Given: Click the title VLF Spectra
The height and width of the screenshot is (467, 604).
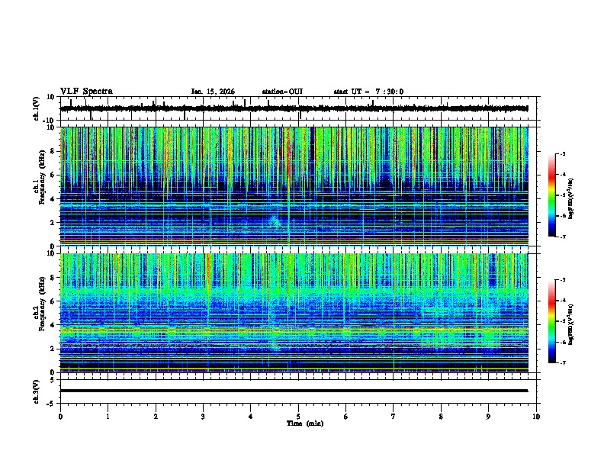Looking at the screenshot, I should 86,91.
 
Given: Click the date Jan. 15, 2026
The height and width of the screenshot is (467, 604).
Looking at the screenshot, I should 213,92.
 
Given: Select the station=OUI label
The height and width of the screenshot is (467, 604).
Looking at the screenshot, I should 282,92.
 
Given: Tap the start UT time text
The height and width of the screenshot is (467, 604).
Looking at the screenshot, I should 368,92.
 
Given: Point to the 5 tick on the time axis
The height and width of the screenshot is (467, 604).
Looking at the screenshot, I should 298,416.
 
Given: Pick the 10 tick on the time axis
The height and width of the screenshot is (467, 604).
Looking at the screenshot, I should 536,416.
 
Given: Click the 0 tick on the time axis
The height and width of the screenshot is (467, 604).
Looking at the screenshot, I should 60,416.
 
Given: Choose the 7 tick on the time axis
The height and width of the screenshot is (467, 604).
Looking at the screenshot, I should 394,416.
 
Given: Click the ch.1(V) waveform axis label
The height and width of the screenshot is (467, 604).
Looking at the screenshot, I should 36,108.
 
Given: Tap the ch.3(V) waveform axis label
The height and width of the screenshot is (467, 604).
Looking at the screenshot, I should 36,390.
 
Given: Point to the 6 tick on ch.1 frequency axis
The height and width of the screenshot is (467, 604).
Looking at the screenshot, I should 53,175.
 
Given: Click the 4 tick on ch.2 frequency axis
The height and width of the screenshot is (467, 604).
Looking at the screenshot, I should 53,324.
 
